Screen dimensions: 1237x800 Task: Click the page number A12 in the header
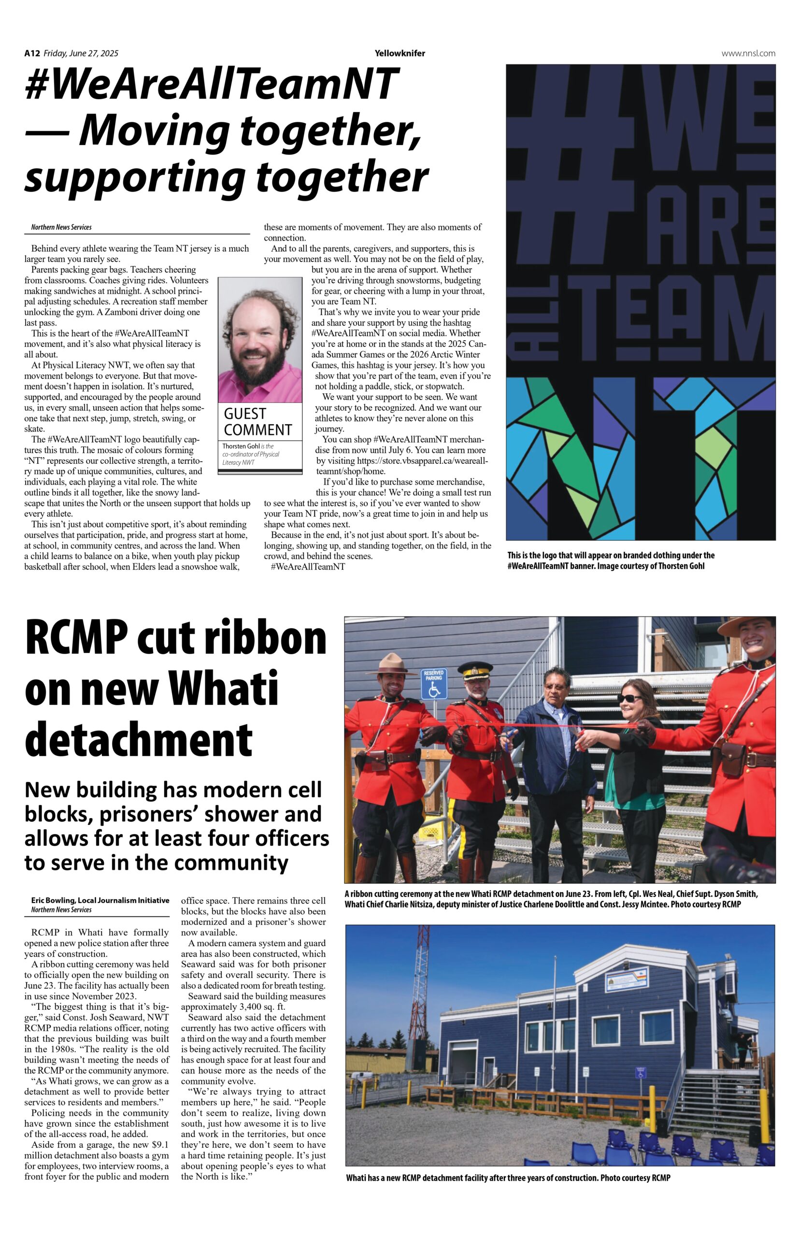[x=32, y=53]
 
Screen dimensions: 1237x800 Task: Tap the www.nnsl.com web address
[x=748, y=53]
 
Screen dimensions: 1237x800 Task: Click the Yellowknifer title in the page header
[x=400, y=53]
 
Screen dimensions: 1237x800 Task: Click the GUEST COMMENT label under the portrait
[x=257, y=422]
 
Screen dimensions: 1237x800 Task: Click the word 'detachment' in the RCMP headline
[x=139, y=739]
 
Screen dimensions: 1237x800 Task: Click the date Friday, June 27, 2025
[x=81, y=53]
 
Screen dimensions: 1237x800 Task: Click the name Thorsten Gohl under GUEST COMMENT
[x=241, y=446]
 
